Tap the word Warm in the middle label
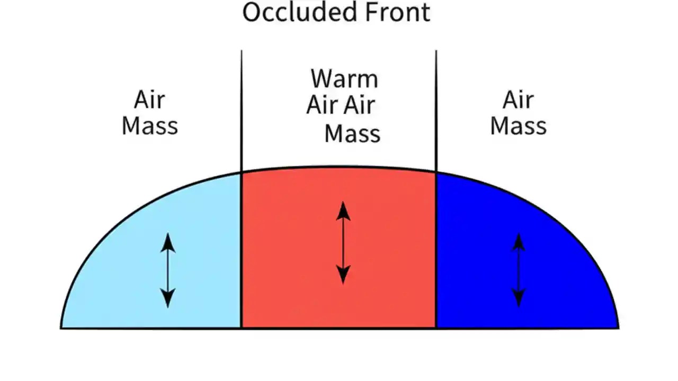(344, 79)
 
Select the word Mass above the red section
(352, 133)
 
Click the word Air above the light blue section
(149, 99)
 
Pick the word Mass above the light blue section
(150, 126)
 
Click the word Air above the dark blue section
(518, 99)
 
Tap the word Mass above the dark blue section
(518, 126)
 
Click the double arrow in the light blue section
(168, 270)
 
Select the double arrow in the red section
(343, 242)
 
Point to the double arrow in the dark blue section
(519, 270)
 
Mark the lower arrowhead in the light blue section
(168, 300)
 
